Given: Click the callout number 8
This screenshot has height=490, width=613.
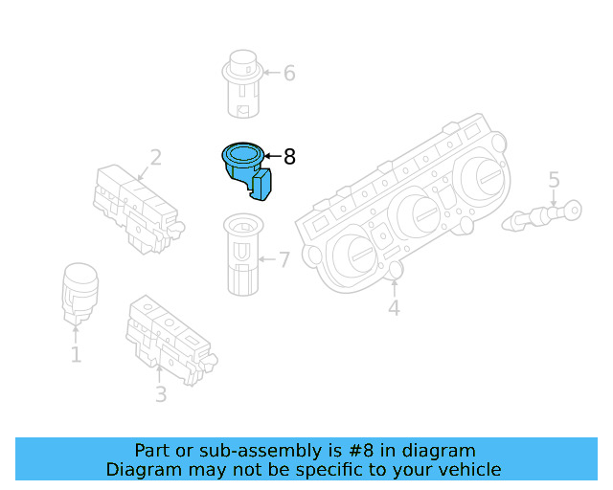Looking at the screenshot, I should pyautogui.click(x=290, y=156).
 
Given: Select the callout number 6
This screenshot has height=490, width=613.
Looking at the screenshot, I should pyautogui.click(x=289, y=73).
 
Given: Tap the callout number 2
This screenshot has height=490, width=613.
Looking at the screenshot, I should pyautogui.click(x=155, y=158).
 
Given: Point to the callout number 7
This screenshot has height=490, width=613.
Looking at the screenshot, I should pyautogui.click(x=284, y=259).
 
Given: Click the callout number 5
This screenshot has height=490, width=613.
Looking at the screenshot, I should pyautogui.click(x=554, y=179).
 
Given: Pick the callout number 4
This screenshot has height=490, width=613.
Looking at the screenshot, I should pyautogui.click(x=394, y=307).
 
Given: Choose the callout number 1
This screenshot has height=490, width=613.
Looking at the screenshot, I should pyautogui.click(x=76, y=355).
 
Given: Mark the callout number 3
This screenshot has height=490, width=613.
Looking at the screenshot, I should pyautogui.click(x=161, y=393).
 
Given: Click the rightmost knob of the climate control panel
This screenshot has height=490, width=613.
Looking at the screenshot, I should pyautogui.click(x=482, y=178).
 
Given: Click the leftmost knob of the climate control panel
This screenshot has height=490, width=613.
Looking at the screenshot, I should pyautogui.click(x=354, y=257).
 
